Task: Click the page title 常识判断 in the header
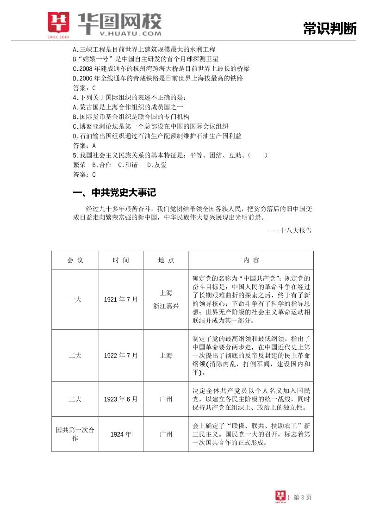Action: click(330, 29)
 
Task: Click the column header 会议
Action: click(75, 260)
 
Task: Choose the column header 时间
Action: click(121, 260)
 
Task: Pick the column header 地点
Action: click(166, 260)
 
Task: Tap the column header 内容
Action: click(251, 260)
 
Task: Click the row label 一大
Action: click(75, 299)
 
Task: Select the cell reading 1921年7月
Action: click(121, 299)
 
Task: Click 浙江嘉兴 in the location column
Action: click(166, 306)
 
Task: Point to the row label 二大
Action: click(75, 356)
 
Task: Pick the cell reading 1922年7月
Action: click(121, 356)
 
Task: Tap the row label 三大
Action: click(75, 399)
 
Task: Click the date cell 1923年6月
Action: click(121, 399)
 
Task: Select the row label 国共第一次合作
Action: click(75, 434)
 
